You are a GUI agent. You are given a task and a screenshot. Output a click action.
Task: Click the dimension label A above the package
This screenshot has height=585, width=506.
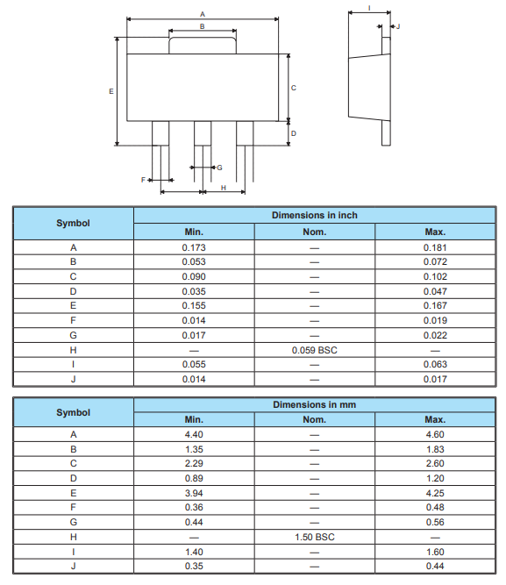tap(203, 14)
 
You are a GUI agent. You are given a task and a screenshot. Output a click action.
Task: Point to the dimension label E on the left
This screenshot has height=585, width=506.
tap(110, 91)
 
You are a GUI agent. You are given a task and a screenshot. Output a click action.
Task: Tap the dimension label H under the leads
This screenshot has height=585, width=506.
tap(223, 188)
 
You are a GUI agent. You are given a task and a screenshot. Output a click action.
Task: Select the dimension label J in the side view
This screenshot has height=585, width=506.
tap(398, 27)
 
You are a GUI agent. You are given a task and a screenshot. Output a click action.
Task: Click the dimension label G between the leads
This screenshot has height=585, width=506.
tap(219, 167)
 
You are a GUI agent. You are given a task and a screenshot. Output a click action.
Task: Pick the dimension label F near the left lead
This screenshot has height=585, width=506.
tap(143, 179)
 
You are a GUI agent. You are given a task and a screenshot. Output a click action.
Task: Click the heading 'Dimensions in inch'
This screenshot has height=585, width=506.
tap(314, 216)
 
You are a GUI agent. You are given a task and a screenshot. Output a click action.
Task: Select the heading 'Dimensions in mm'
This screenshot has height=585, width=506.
tap(314, 405)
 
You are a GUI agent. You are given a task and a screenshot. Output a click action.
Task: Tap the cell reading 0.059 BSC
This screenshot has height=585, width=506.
tap(314, 350)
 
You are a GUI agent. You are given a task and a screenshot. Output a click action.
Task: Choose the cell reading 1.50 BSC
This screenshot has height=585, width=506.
tap(314, 537)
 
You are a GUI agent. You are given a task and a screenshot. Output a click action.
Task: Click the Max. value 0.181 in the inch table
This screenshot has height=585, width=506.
tap(435, 247)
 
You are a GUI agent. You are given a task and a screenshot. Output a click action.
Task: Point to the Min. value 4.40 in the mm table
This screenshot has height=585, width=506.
tap(193, 434)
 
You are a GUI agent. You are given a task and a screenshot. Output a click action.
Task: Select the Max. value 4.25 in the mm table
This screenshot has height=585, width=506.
tap(435, 493)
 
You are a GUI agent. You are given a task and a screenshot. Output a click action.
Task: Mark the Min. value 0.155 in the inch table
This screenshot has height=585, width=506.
tap(193, 305)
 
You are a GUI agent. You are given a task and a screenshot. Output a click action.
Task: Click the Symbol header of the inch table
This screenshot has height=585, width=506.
tap(73, 224)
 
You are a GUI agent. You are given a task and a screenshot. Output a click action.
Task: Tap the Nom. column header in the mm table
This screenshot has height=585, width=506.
tap(314, 419)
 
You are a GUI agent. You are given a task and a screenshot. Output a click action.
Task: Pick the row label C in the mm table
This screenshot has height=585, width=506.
tap(73, 463)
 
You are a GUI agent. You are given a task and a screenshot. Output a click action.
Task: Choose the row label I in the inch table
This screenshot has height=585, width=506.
tap(73, 364)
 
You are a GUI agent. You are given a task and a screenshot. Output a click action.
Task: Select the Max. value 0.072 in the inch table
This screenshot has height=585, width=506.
tap(435, 261)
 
